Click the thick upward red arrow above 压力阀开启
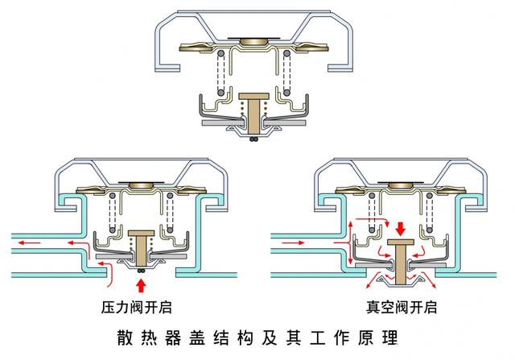pos(143,284)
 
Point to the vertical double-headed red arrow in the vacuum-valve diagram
pos(352,233)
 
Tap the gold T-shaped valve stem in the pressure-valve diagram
pos(143,246)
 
